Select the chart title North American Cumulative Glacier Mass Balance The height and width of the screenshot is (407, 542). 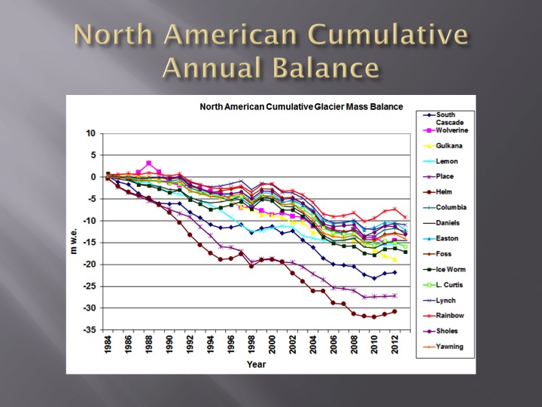point(301,106)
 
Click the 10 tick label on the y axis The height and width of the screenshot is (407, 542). point(91,133)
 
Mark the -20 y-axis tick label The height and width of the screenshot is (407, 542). point(90,265)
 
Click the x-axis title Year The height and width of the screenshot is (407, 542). point(257,365)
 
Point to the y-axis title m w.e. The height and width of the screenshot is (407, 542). point(74,234)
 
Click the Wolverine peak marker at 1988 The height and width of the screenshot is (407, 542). point(149,163)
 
